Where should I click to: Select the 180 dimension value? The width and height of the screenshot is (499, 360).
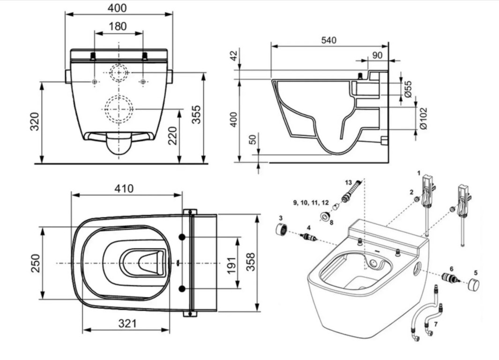tap(118, 26)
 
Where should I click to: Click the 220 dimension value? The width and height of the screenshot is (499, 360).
tap(173, 135)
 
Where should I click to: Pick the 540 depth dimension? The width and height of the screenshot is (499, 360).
tap(328, 40)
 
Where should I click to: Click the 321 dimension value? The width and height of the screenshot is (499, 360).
tap(127, 323)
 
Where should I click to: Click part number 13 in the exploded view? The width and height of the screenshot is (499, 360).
tap(347, 182)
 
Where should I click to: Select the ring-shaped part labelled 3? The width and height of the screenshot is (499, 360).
tap(281, 230)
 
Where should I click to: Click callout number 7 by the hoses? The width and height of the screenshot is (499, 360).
tap(436, 324)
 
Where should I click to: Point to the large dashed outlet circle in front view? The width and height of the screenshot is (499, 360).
tap(119, 109)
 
